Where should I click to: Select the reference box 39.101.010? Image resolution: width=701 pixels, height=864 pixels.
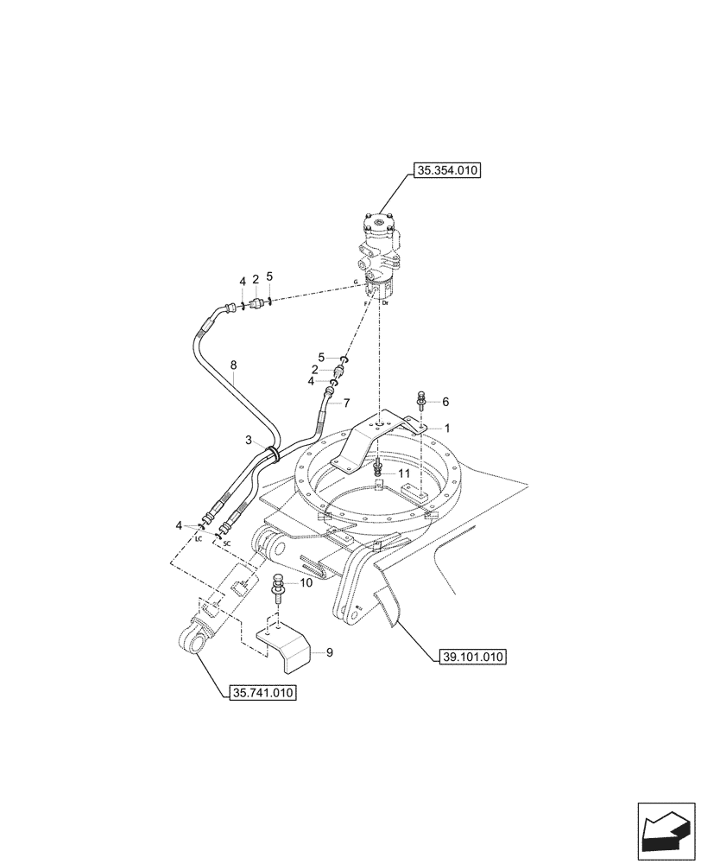(467, 658)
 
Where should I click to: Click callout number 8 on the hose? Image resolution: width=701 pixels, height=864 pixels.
(235, 365)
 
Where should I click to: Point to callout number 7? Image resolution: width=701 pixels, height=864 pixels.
(346, 403)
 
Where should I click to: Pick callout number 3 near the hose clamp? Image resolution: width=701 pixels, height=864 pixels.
(249, 441)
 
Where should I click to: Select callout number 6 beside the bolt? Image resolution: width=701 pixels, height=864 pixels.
(445, 402)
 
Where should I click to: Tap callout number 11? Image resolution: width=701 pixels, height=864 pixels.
(403, 473)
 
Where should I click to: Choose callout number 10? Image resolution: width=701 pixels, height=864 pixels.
(306, 584)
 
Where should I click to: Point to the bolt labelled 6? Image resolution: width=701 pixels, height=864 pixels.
(420, 402)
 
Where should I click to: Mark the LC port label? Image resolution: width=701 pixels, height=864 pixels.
(198, 537)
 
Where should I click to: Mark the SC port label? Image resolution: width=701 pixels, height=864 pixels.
(227, 543)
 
